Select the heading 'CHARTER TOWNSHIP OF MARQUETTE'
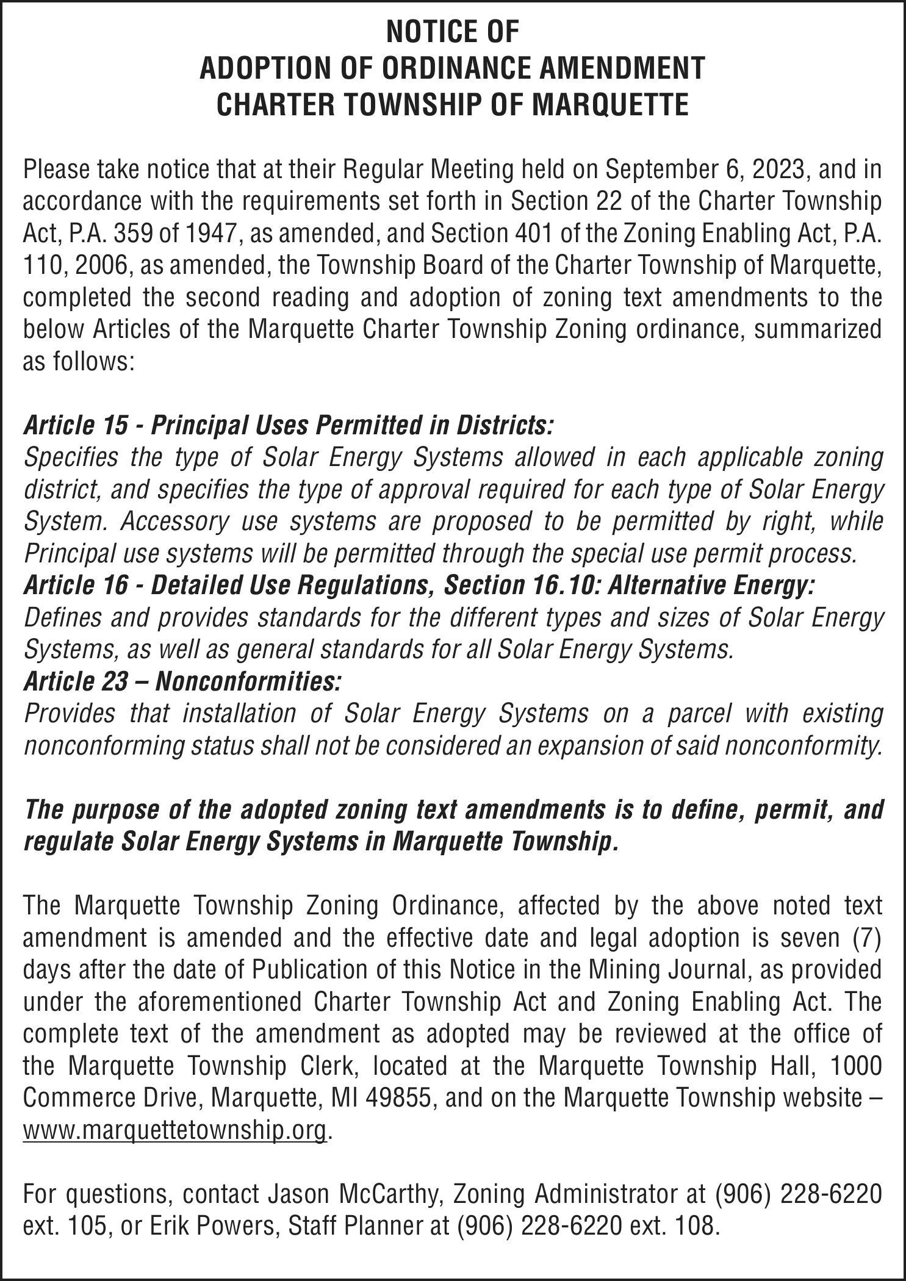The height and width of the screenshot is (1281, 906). pos(453,105)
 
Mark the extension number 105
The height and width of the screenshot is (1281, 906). pos(83,1225)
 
